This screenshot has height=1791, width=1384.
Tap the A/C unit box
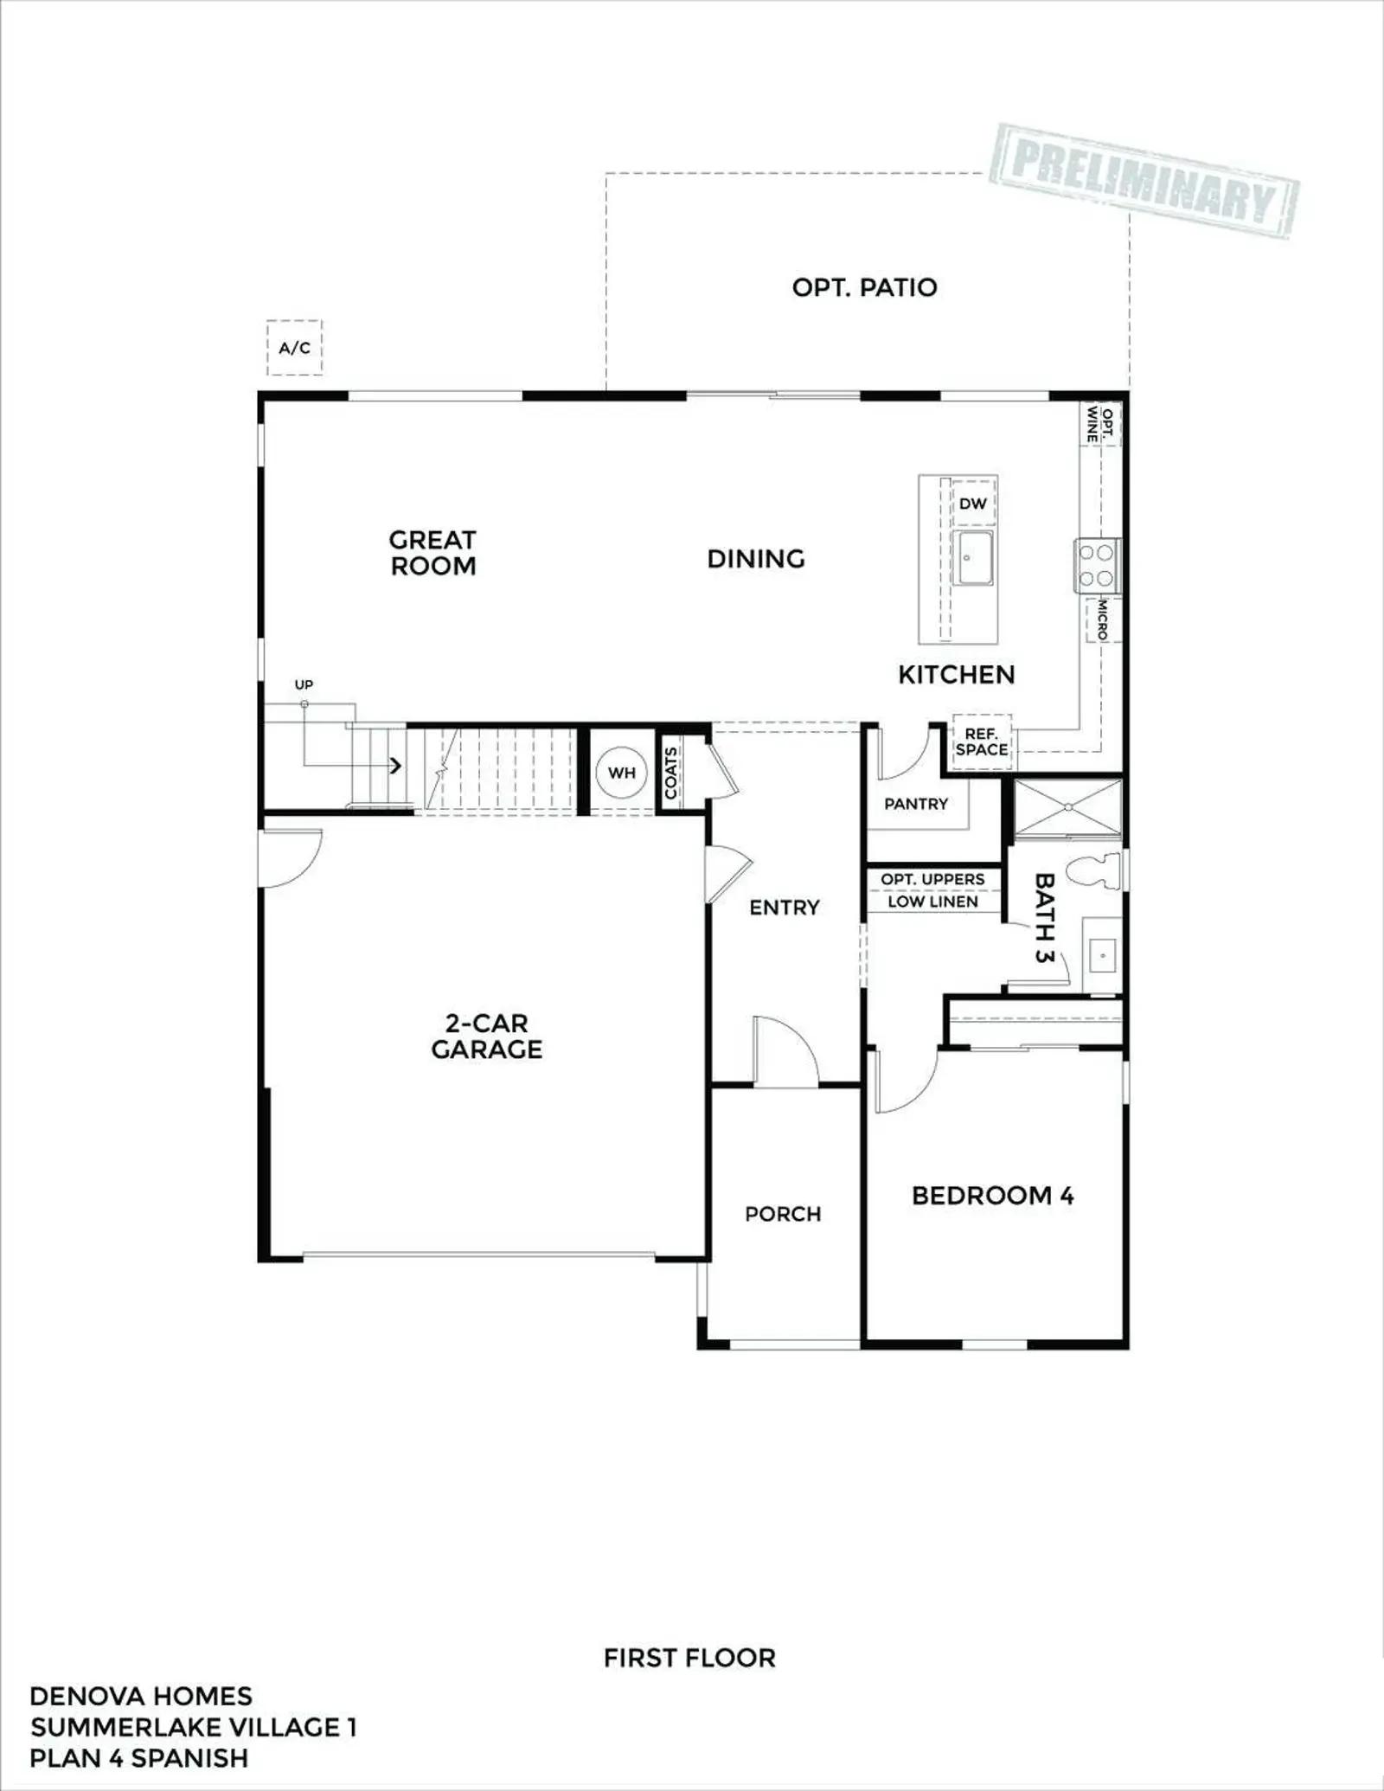294,348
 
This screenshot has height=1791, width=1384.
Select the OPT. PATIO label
864,287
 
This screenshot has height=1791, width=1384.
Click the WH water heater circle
621,773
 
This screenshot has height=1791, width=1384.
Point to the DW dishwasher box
973,504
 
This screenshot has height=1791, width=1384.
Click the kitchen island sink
973,558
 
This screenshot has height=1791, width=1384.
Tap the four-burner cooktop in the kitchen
1097,566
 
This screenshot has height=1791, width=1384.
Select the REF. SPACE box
982,742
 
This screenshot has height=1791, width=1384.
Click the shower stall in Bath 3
1068,807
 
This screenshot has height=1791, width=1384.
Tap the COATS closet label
671,773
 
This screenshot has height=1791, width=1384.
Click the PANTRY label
916,804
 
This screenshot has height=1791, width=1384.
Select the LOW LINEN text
932,902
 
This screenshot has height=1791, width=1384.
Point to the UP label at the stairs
304,684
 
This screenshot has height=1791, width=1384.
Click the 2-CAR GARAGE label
486,1036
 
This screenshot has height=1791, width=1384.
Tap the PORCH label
783,1214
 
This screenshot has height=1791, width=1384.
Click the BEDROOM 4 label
992,1196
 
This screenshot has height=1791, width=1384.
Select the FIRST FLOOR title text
689,1658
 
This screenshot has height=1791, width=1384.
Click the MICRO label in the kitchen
1103,620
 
